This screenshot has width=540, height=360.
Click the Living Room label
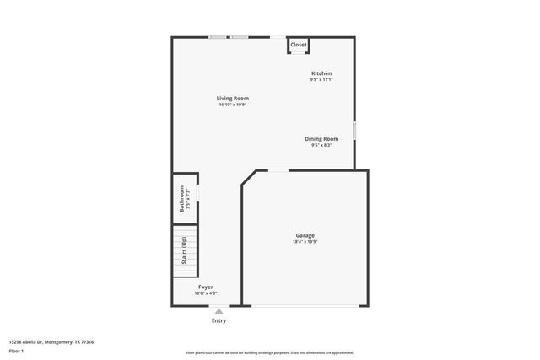click(234, 99)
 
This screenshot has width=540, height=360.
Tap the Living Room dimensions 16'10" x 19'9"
click(234, 105)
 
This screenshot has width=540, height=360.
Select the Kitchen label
click(321, 73)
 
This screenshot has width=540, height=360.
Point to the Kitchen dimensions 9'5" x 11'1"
click(321, 79)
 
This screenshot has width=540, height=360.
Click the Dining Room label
click(321, 139)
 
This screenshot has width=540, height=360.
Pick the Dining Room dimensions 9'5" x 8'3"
click(321, 145)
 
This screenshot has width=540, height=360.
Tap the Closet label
click(299, 45)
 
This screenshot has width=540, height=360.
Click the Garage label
click(305, 236)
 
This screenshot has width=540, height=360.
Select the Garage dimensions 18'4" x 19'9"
click(305, 242)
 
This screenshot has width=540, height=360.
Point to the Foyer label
click(205, 287)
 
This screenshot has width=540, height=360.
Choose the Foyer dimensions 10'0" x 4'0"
click(205, 293)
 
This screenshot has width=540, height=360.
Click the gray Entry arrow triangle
click(219, 311)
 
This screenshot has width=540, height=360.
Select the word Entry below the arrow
click(219, 320)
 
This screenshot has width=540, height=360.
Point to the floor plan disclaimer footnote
click(270, 352)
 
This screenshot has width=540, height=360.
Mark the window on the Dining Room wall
click(354, 131)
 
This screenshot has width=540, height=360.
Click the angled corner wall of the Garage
click(249, 179)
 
